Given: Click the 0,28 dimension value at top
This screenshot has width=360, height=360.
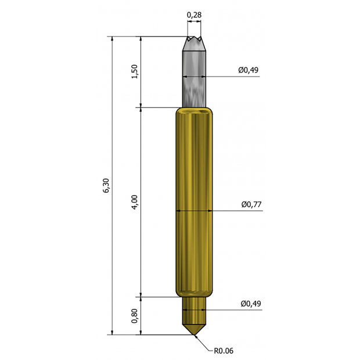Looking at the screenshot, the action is (x=194, y=15).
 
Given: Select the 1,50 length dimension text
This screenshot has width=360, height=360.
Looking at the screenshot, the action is (x=135, y=71).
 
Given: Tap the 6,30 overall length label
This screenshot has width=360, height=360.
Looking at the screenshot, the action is (x=106, y=185).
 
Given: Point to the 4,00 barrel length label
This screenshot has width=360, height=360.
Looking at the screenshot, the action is (x=135, y=202).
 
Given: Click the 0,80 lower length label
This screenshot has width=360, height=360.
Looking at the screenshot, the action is (x=135, y=316).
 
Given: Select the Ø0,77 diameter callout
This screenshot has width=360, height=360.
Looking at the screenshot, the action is (x=251, y=204).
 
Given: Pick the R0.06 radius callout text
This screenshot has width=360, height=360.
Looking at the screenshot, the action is (x=224, y=351).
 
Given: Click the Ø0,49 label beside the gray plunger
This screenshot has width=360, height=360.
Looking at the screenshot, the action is (x=248, y=70).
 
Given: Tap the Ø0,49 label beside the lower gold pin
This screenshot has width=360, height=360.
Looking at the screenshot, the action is (x=251, y=304).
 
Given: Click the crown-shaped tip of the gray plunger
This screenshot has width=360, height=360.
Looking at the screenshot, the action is (x=195, y=43).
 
